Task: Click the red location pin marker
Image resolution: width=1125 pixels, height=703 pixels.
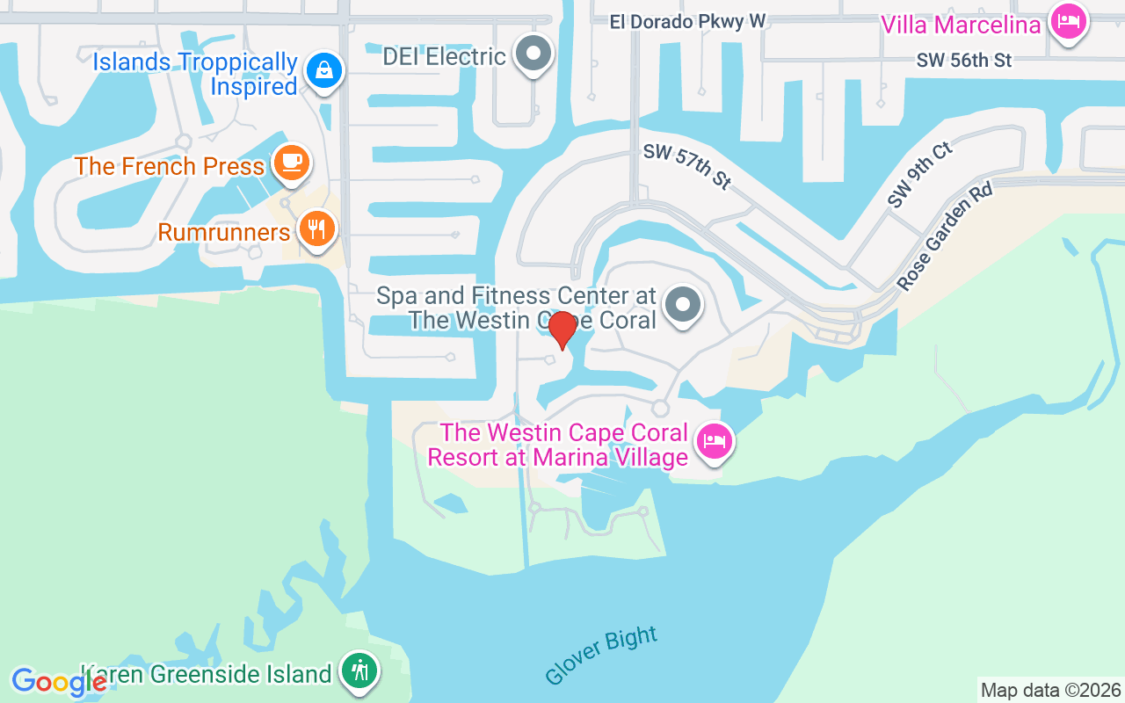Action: tap(562, 330)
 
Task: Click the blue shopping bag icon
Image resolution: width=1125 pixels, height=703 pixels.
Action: tap(323, 69)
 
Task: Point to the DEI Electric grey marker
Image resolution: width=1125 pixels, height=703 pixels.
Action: tap(533, 53)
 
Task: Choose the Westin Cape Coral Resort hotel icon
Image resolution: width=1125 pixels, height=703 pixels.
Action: tap(714, 440)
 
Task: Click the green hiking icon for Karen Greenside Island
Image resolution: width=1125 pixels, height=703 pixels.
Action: tap(359, 671)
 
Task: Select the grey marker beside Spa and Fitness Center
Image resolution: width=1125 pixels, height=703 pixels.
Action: tap(682, 305)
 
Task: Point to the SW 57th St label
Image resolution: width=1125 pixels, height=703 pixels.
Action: tap(686, 166)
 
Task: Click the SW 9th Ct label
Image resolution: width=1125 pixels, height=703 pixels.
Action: tap(919, 175)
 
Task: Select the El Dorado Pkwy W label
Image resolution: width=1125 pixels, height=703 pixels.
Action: tap(688, 21)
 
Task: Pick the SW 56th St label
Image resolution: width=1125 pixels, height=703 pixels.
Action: tap(964, 60)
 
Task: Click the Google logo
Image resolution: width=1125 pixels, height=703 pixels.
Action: tap(58, 682)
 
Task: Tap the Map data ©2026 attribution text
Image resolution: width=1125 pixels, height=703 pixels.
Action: tap(1050, 690)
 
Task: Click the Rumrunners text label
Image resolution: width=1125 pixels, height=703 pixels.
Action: tap(224, 232)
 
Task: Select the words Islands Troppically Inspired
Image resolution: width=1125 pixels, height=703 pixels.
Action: tap(195, 74)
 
